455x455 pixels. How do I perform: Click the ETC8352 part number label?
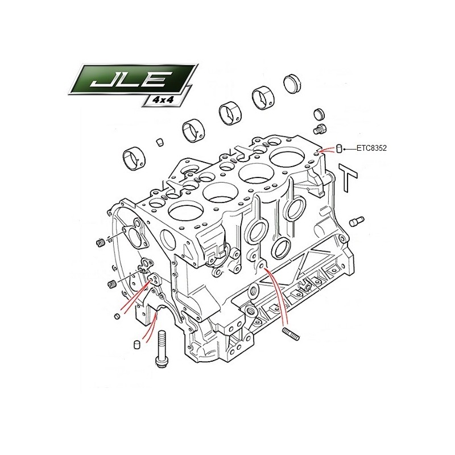371,148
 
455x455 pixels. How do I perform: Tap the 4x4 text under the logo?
163,100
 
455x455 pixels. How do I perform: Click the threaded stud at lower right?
291,334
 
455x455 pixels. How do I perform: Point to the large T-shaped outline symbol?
348,177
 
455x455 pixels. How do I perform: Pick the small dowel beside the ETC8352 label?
338,148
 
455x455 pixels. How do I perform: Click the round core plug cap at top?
293,83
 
